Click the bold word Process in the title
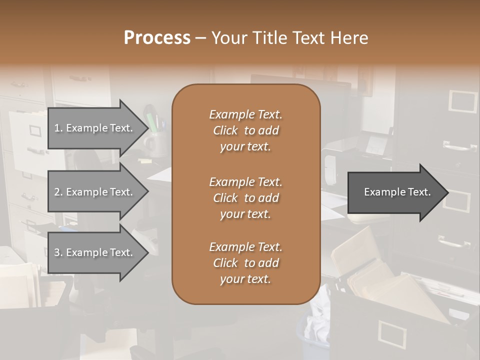[157, 38]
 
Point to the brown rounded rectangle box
[246, 194]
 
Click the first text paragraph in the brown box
[246, 130]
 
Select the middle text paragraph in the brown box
[246, 198]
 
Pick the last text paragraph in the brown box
[246, 263]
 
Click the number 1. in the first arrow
[58, 128]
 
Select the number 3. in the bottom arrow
[58, 252]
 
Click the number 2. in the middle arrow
[58, 192]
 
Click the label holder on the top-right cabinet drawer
[462, 101]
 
